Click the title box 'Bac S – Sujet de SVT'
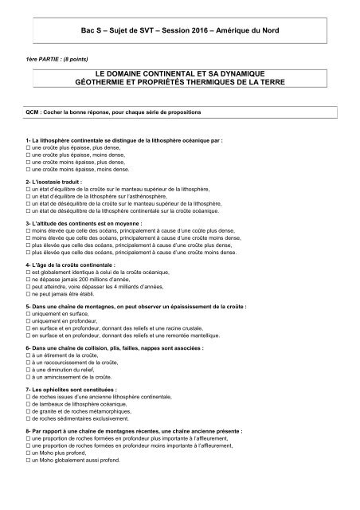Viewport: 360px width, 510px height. click(179, 29)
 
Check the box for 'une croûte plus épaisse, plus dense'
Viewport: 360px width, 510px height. click(28, 147)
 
